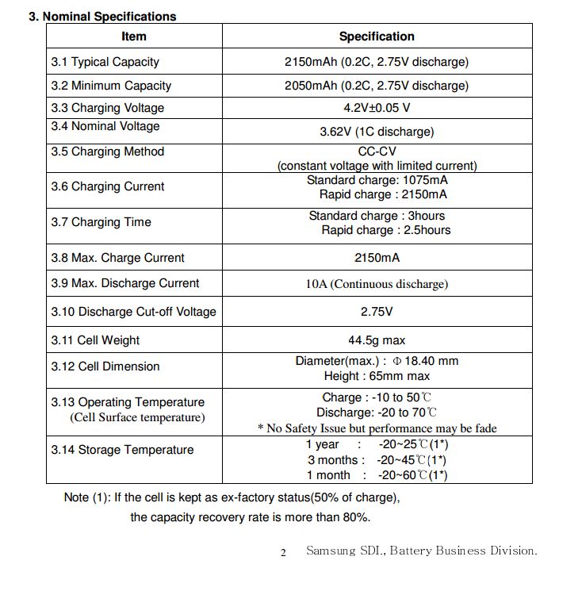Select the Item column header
click(134, 36)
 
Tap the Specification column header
click(377, 36)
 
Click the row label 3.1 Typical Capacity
click(105, 62)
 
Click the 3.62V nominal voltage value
click(377, 132)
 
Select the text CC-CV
click(377, 152)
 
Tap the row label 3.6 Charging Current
click(108, 186)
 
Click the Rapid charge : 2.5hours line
click(385, 230)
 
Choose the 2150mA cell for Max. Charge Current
click(377, 258)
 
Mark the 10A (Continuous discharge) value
click(377, 284)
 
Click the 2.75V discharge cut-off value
click(377, 312)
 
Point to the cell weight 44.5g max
click(377, 340)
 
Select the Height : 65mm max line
click(377, 376)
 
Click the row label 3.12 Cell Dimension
click(105, 366)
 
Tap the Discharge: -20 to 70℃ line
click(377, 413)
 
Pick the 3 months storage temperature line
click(377, 460)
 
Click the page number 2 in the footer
click(283, 553)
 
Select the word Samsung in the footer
click(331, 551)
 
